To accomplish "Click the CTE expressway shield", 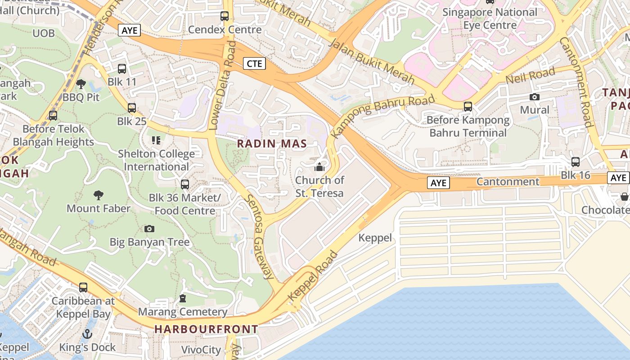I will [254, 63].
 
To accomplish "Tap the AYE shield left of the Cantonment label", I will [438, 183].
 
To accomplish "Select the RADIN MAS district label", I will [272, 144].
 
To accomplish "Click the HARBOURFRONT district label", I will [206, 329].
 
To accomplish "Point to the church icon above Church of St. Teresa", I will [319, 167].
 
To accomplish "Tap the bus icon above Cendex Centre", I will [224, 16].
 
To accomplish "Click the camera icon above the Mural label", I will [534, 97].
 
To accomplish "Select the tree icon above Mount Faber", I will [98, 195].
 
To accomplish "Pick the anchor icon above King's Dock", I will [87, 334].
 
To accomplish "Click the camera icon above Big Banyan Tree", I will [149, 229].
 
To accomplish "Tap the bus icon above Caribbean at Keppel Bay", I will [83, 287].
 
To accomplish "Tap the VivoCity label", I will [201, 350].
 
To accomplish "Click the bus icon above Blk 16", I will [575, 162].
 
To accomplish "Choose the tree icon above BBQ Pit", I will [81, 84].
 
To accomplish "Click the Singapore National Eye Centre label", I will [490, 18].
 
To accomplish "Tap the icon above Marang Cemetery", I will [182, 298].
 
